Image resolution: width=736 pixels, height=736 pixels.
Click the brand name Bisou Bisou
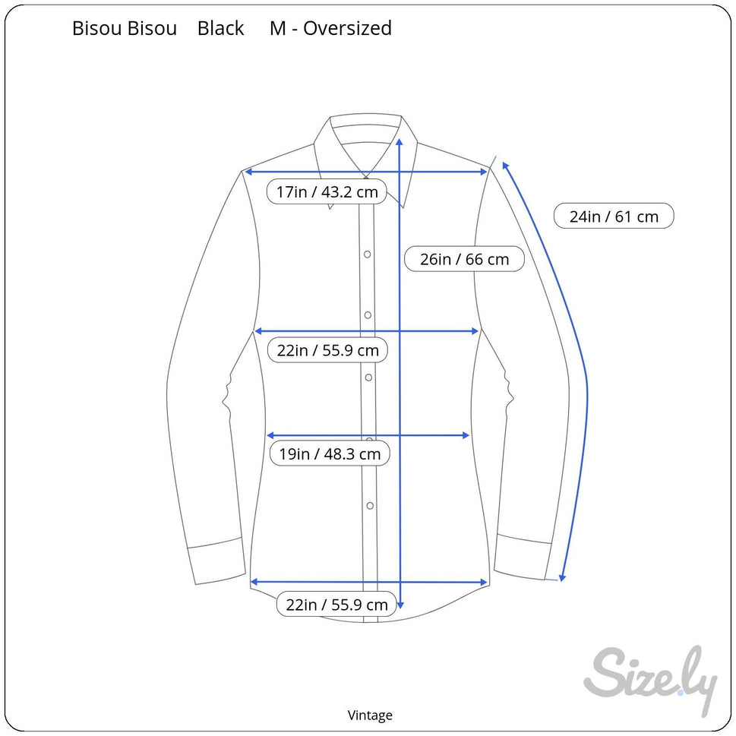pos(124,29)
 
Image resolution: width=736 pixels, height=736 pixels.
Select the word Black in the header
pos(220,29)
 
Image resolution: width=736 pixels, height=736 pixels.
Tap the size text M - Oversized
pos(330,29)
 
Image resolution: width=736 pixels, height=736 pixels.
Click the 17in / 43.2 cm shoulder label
pos(327,191)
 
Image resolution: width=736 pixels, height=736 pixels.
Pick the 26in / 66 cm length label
pos(464,259)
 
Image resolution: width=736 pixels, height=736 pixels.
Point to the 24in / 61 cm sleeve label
pos(614,216)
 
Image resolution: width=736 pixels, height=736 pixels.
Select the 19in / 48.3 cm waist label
pos(330,454)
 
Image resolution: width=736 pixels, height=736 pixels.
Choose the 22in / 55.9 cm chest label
pos(327,350)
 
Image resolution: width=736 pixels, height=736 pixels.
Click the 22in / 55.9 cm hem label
pos(336,605)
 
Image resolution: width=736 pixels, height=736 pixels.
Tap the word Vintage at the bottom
pos(370,715)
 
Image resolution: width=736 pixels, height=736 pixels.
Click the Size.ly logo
pos(650,678)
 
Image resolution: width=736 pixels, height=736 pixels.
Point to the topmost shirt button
pos(367,254)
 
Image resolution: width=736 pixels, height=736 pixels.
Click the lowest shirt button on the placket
pos(370,505)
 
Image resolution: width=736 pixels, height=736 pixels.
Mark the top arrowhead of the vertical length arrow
pos(400,141)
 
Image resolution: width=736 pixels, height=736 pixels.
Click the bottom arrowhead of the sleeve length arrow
pos(562,577)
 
